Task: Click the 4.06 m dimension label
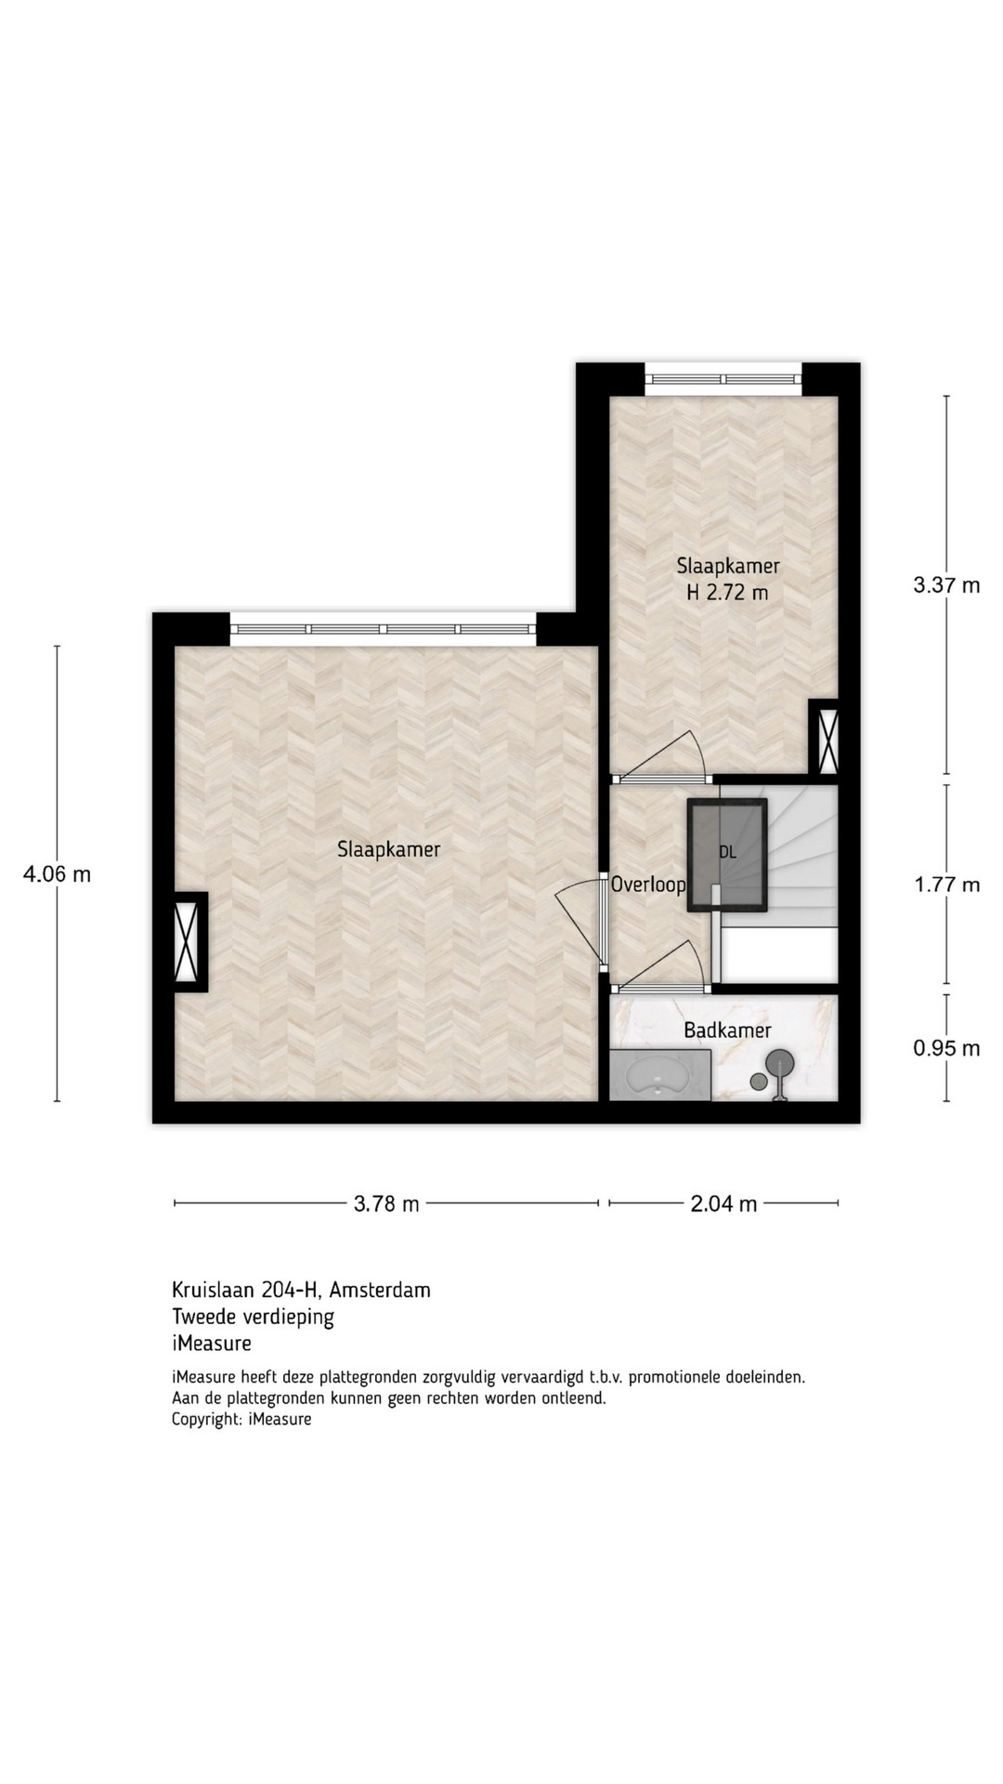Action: [57, 874]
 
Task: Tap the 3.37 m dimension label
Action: [946, 585]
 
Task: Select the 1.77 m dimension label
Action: [946, 885]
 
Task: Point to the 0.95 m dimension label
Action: [946, 1048]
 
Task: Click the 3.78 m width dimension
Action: [386, 1204]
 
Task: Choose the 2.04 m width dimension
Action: [723, 1204]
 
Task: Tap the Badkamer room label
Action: [727, 1030]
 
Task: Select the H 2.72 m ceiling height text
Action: [727, 593]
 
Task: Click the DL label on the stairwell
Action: [727, 852]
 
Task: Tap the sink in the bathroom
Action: [658, 1076]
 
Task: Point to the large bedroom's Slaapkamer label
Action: [389, 849]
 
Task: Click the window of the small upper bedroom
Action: [723, 379]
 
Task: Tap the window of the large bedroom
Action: [383, 629]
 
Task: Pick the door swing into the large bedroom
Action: [578, 924]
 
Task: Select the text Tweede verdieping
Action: [253, 1317]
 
